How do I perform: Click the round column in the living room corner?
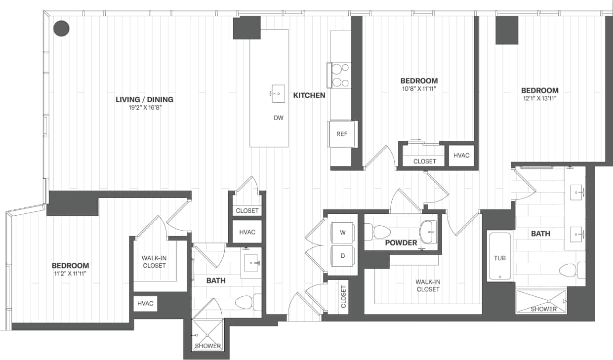61,28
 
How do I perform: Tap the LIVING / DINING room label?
144,100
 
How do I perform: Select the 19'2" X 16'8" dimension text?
144,107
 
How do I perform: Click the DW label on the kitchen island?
279,118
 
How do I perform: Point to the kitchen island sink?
278,93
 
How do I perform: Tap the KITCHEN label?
309,95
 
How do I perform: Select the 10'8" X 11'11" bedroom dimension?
419,89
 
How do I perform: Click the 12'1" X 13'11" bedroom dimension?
540,98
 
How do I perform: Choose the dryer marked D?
343,256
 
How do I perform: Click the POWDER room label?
401,243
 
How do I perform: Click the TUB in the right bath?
500,257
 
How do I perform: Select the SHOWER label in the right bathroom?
543,309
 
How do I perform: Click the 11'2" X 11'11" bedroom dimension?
70,273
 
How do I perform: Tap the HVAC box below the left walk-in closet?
145,304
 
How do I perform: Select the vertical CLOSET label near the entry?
343,297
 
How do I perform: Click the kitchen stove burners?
340,76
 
